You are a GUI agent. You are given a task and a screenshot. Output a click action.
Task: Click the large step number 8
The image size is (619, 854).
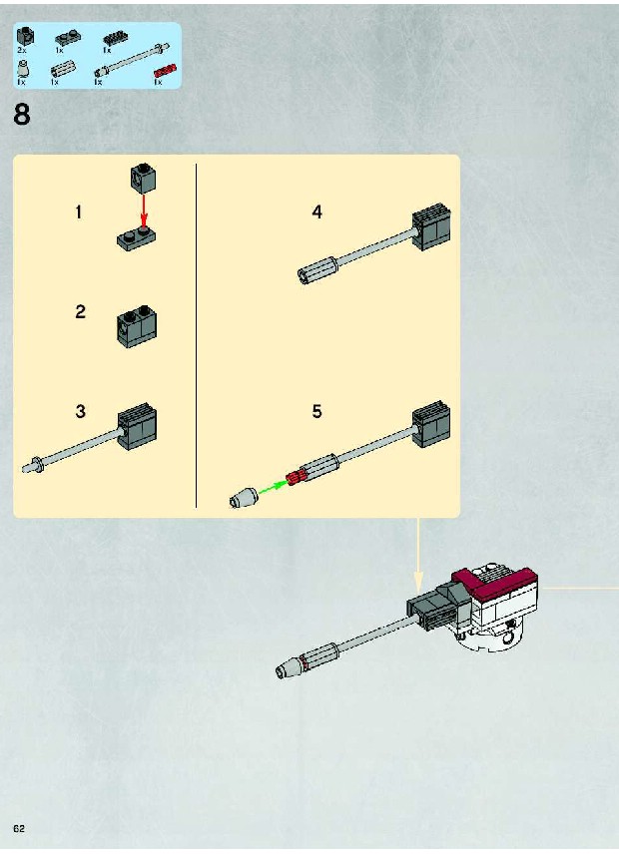tap(22, 115)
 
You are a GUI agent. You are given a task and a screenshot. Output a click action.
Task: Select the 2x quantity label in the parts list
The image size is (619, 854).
tap(22, 50)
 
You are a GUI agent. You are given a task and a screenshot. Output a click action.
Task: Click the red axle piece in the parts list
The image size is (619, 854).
tap(165, 71)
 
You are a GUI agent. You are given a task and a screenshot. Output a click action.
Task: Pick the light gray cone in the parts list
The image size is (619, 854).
tap(22, 69)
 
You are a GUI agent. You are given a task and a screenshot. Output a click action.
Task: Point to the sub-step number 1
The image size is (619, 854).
tap(79, 212)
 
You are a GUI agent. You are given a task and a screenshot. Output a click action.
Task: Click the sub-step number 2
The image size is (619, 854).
tap(81, 311)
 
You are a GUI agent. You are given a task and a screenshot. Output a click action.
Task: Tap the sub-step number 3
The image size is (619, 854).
tap(81, 411)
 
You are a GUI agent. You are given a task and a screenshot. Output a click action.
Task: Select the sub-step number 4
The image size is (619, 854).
tap(317, 212)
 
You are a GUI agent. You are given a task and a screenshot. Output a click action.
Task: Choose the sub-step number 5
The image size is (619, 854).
tap(317, 411)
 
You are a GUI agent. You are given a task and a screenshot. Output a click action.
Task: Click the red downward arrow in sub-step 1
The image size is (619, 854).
tap(144, 211)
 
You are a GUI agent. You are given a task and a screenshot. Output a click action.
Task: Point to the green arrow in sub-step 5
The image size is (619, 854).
tap(272, 487)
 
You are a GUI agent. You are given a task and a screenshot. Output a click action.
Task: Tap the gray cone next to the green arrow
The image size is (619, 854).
tap(243, 498)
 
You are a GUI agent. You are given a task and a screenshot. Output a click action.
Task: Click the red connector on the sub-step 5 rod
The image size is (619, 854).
tap(294, 478)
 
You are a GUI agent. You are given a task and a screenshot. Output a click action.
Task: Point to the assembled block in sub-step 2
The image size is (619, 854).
tap(137, 326)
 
